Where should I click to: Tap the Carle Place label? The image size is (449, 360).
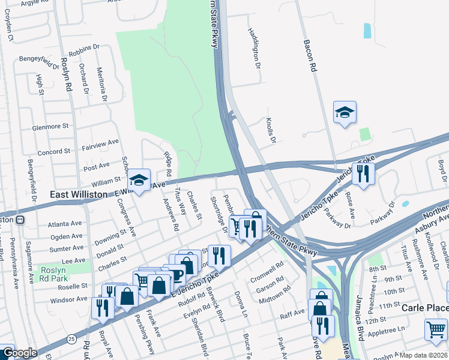(424, 308)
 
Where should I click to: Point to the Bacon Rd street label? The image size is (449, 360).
(310, 56)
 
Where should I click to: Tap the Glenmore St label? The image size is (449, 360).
(51, 127)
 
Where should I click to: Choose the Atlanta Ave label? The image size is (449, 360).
(66, 224)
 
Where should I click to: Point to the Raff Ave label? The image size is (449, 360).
(292, 314)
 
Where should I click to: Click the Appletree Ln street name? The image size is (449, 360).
(402, 330)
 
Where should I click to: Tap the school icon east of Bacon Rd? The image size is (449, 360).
(345, 112)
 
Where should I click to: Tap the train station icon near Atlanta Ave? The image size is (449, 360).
(20, 220)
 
